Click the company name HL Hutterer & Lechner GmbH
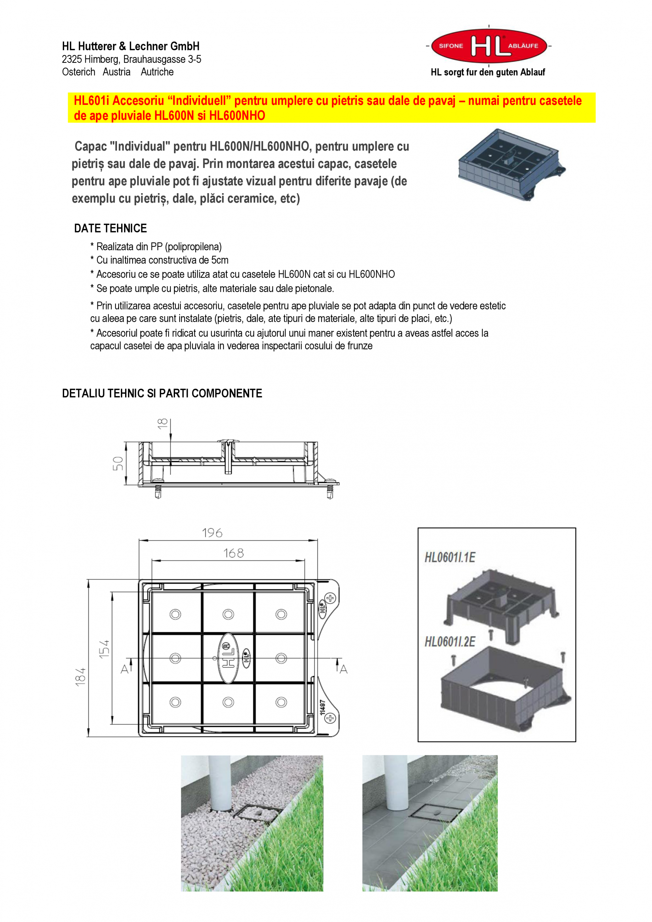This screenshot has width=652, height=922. point(130,46)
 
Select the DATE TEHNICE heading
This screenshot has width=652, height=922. point(111,229)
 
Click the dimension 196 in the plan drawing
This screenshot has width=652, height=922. point(212,533)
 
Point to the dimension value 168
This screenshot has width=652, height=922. point(233,553)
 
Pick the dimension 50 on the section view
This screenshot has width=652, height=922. point(118,463)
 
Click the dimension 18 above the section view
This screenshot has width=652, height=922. point(162,423)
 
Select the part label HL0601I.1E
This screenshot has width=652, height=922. point(450,557)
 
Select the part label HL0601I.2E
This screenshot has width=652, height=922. point(450,642)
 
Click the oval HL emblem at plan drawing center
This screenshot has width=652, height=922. point(229,658)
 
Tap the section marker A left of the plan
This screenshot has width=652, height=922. point(125,669)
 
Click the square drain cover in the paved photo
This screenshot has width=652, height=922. point(435,813)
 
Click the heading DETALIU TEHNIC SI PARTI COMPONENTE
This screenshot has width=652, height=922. point(162,393)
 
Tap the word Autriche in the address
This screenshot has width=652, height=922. point(157,72)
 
